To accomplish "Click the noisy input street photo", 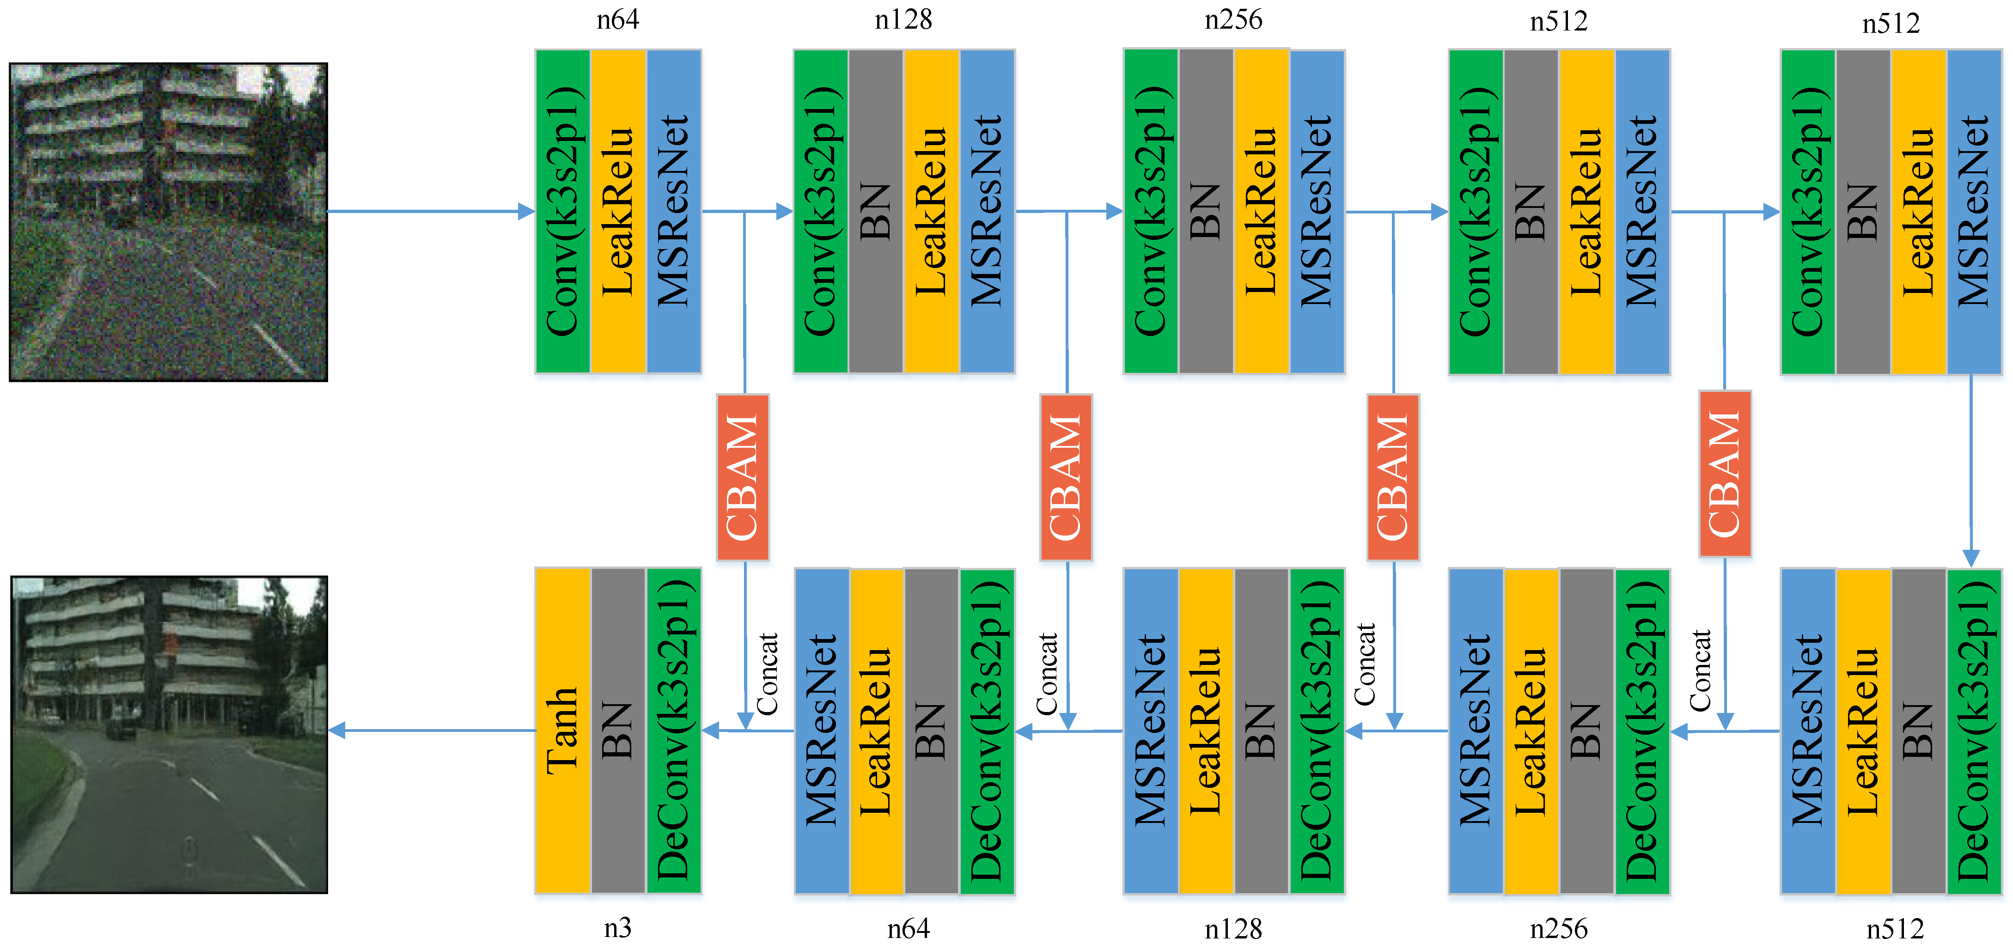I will click(168, 222).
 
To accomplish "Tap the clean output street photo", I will click(169, 734).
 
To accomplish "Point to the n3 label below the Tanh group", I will click(617, 928).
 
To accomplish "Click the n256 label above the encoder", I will click(1233, 19).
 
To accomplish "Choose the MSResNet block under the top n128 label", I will click(987, 211).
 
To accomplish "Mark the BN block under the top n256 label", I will click(1206, 211).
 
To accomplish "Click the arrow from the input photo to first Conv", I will click(430, 211).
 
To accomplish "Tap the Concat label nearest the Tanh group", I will click(768, 673).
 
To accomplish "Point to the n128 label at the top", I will click(903, 19).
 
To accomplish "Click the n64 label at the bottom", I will click(908, 928).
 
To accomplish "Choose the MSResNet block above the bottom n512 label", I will click(1807, 731).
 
